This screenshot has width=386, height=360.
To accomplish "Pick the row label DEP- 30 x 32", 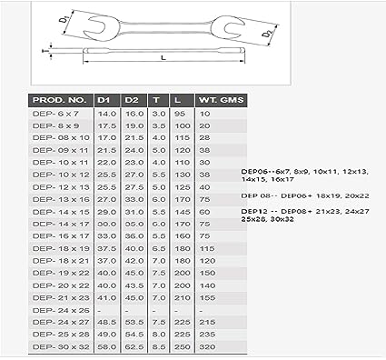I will [55, 346].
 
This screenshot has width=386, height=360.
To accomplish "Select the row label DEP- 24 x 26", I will [55, 309].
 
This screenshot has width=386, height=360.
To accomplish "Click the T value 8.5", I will [158, 346].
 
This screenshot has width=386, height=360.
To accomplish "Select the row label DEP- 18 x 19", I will [55, 247].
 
